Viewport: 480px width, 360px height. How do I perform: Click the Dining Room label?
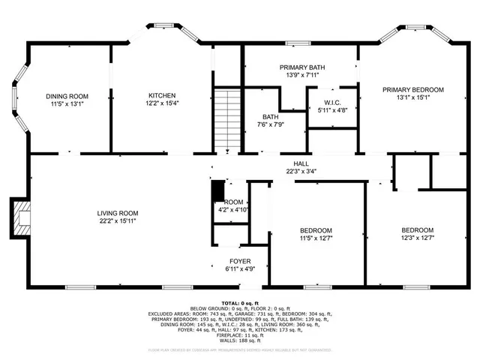[x=68, y=96]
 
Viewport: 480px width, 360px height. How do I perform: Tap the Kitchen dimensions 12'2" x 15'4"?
[x=161, y=105]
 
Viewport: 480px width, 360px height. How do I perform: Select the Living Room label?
[x=117, y=213]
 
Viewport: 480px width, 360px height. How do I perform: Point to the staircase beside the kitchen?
[x=227, y=120]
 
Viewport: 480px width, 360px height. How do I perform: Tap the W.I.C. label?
[x=332, y=102]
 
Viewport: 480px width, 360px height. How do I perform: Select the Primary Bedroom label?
[x=412, y=89]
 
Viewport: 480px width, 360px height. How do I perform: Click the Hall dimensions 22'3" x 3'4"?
[x=301, y=171]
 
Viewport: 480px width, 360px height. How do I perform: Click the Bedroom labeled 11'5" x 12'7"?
[x=316, y=230]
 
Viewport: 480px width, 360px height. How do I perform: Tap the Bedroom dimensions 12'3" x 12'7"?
[x=416, y=239]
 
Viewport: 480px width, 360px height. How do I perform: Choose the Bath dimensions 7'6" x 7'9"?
[x=270, y=126]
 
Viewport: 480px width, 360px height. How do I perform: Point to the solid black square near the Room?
[x=217, y=192]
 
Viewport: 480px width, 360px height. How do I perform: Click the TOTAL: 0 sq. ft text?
[x=239, y=301]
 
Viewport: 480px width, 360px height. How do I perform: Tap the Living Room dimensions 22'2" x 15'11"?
[x=117, y=222]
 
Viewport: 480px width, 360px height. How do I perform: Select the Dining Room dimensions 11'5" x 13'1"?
[x=68, y=105]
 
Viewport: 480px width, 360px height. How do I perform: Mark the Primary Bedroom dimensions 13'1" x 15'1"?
[x=412, y=98]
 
